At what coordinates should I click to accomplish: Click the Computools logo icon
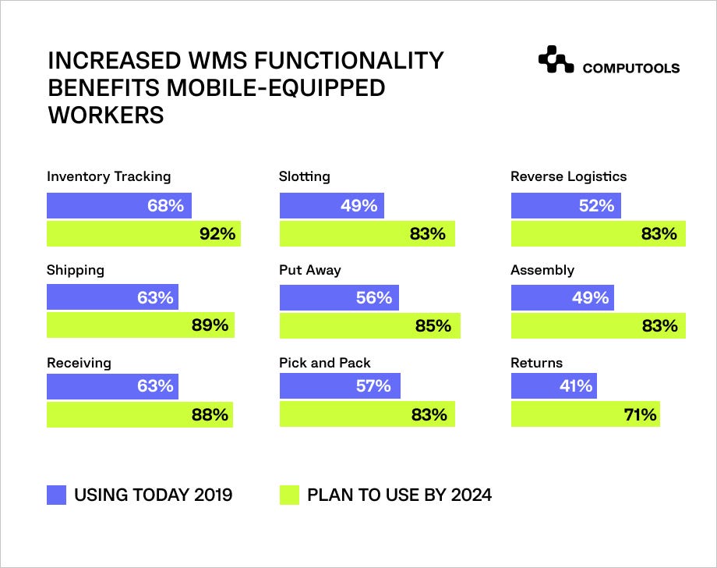[556, 59]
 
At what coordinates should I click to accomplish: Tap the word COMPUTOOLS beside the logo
[631, 68]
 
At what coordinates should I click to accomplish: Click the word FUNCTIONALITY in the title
[348, 60]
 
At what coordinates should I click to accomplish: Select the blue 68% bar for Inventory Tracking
[119, 205]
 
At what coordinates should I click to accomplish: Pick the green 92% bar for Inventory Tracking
[143, 233]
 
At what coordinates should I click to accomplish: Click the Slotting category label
[305, 176]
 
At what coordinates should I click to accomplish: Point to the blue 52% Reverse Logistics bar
[566, 205]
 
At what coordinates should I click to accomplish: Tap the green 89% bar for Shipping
[140, 325]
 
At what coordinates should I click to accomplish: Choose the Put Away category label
[310, 270]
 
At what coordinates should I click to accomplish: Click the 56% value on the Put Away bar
[374, 297]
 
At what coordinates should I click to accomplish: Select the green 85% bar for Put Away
[370, 325]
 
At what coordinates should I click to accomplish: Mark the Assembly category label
[542, 270]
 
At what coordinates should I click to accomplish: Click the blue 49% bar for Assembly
[563, 297]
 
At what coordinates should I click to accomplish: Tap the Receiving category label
[79, 363]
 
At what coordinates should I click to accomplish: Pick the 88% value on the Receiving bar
[210, 414]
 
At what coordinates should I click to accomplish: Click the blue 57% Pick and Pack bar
[340, 386]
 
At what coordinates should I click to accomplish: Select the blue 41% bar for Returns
[554, 386]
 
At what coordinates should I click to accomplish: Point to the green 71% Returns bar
[585, 414]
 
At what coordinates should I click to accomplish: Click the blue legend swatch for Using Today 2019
[56, 495]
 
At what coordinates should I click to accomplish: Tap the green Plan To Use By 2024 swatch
[289, 495]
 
